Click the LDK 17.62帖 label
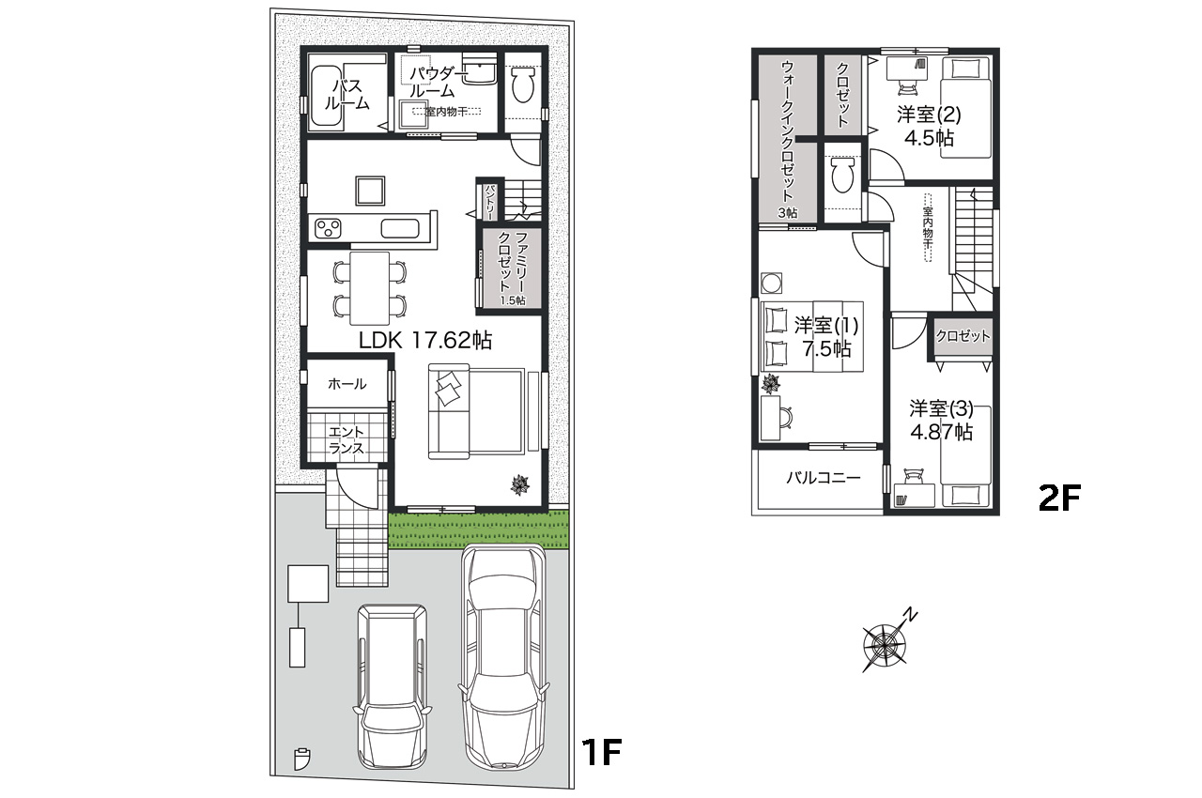pos(425,340)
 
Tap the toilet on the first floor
pos(523,85)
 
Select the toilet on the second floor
pos(842,174)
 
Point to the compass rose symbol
pos(884,645)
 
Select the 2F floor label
pos(1060,498)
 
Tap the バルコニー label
pos(823,478)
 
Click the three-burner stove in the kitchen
pos(329,227)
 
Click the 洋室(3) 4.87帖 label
pos(940,421)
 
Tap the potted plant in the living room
pos(519,484)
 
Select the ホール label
pos(347,384)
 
